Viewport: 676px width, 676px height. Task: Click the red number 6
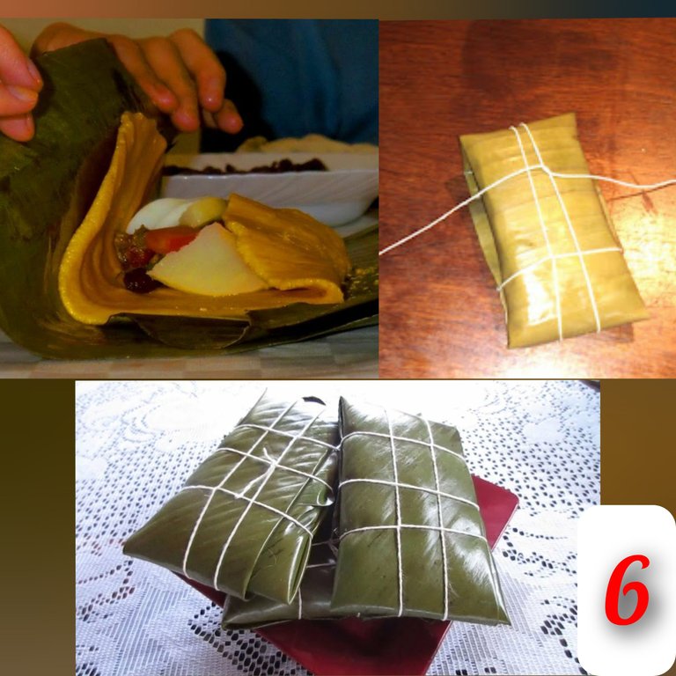pos(627,589)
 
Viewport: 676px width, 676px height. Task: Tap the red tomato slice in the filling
pos(170,239)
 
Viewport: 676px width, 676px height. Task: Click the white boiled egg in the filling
pos(158,213)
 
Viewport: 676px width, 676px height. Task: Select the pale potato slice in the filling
pos(207,263)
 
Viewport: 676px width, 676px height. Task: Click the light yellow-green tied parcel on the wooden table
pos(552,231)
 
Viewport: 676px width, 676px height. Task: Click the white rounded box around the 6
pos(627,590)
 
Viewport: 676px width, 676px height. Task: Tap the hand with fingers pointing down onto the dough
pos(168,73)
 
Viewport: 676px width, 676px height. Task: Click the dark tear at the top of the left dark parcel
pos(314,400)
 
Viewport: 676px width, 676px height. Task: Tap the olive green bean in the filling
pos(203,211)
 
